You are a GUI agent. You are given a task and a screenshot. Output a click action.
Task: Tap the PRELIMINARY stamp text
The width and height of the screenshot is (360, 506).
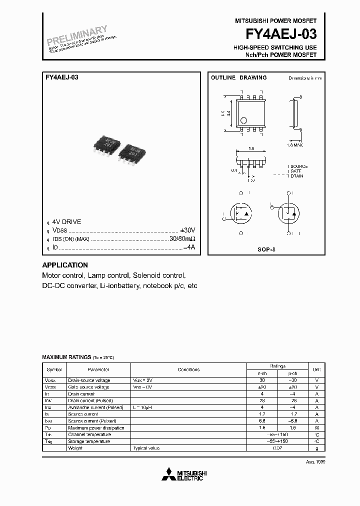point(77,36)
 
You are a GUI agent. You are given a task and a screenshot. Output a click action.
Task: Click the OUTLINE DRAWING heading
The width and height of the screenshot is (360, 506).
point(238,78)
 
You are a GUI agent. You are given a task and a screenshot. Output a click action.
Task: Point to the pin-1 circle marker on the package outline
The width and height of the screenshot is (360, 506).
point(243,120)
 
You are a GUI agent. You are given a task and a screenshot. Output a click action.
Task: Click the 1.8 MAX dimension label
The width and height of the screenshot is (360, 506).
point(294,145)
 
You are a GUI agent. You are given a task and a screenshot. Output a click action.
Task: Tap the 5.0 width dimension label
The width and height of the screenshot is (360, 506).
point(251,149)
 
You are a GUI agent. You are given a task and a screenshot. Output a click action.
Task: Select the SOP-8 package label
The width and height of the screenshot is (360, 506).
point(266,248)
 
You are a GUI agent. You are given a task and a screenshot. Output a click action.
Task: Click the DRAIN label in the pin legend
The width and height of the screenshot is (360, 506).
point(297,176)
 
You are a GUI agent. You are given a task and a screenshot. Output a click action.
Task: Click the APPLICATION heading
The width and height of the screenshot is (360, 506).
point(65,265)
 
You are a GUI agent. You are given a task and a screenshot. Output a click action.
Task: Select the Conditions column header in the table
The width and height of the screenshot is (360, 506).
point(188,369)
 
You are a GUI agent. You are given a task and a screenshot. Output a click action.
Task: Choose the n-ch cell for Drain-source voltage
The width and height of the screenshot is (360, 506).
point(262,380)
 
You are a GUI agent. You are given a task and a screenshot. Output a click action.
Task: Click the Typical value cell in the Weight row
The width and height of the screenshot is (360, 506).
point(146,448)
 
